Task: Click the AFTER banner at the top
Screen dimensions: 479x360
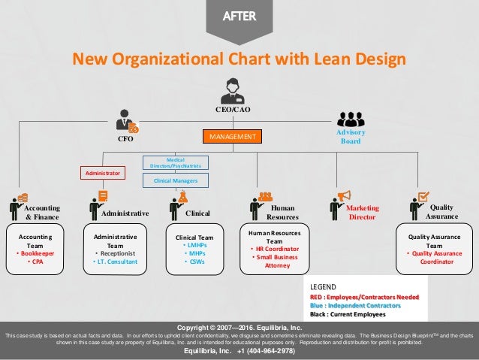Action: (239, 16)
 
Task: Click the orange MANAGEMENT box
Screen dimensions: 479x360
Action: (231, 138)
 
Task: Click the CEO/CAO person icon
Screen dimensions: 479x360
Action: (230, 91)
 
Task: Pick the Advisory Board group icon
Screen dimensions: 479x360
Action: (351, 119)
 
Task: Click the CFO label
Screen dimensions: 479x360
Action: (125, 139)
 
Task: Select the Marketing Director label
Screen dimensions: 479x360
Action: (364, 212)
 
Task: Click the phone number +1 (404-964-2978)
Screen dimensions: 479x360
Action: (256, 351)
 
